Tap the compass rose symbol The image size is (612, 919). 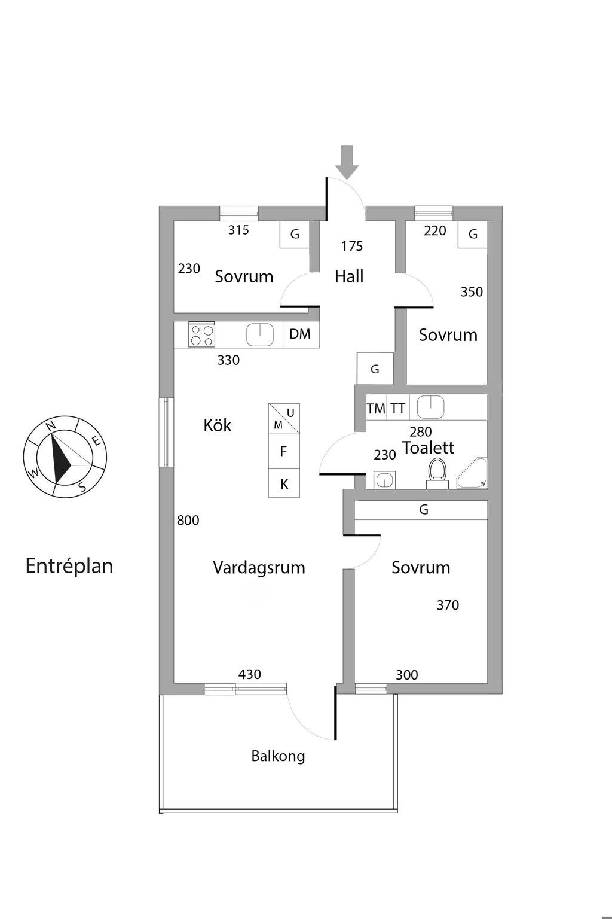pyautogui.click(x=65, y=456)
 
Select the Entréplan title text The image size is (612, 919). pyautogui.click(x=69, y=566)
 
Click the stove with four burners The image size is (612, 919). pyautogui.click(x=201, y=334)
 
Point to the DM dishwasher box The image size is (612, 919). pyautogui.click(x=300, y=334)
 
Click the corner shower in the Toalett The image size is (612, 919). pyautogui.click(x=473, y=474)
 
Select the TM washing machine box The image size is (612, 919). pyautogui.click(x=376, y=409)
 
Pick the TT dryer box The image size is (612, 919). pyautogui.click(x=398, y=409)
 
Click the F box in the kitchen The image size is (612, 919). pyautogui.click(x=284, y=452)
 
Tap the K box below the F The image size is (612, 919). pyautogui.click(x=284, y=484)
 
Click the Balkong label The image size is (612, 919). pyautogui.click(x=278, y=756)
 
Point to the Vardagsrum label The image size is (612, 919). pyautogui.click(x=259, y=568)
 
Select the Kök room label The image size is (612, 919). pyautogui.click(x=218, y=425)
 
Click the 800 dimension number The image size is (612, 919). pyautogui.click(x=188, y=521)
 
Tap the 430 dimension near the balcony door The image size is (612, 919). pyautogui.click(x=250, y=674)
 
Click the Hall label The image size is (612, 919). pyautogui.click(x=349, y=276)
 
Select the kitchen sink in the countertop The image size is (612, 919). pyautogui.click(x=260, y=334)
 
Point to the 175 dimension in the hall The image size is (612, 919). pyautogui.click(x=352, y=246)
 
